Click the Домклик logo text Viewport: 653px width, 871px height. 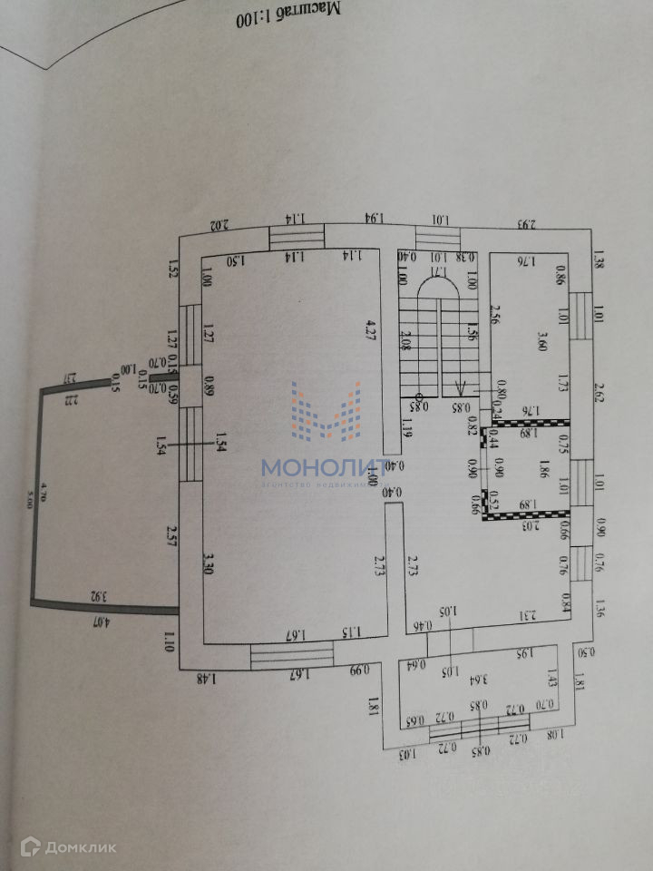tap(81, 847)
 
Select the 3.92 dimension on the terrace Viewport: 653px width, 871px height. tap(100, 596)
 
